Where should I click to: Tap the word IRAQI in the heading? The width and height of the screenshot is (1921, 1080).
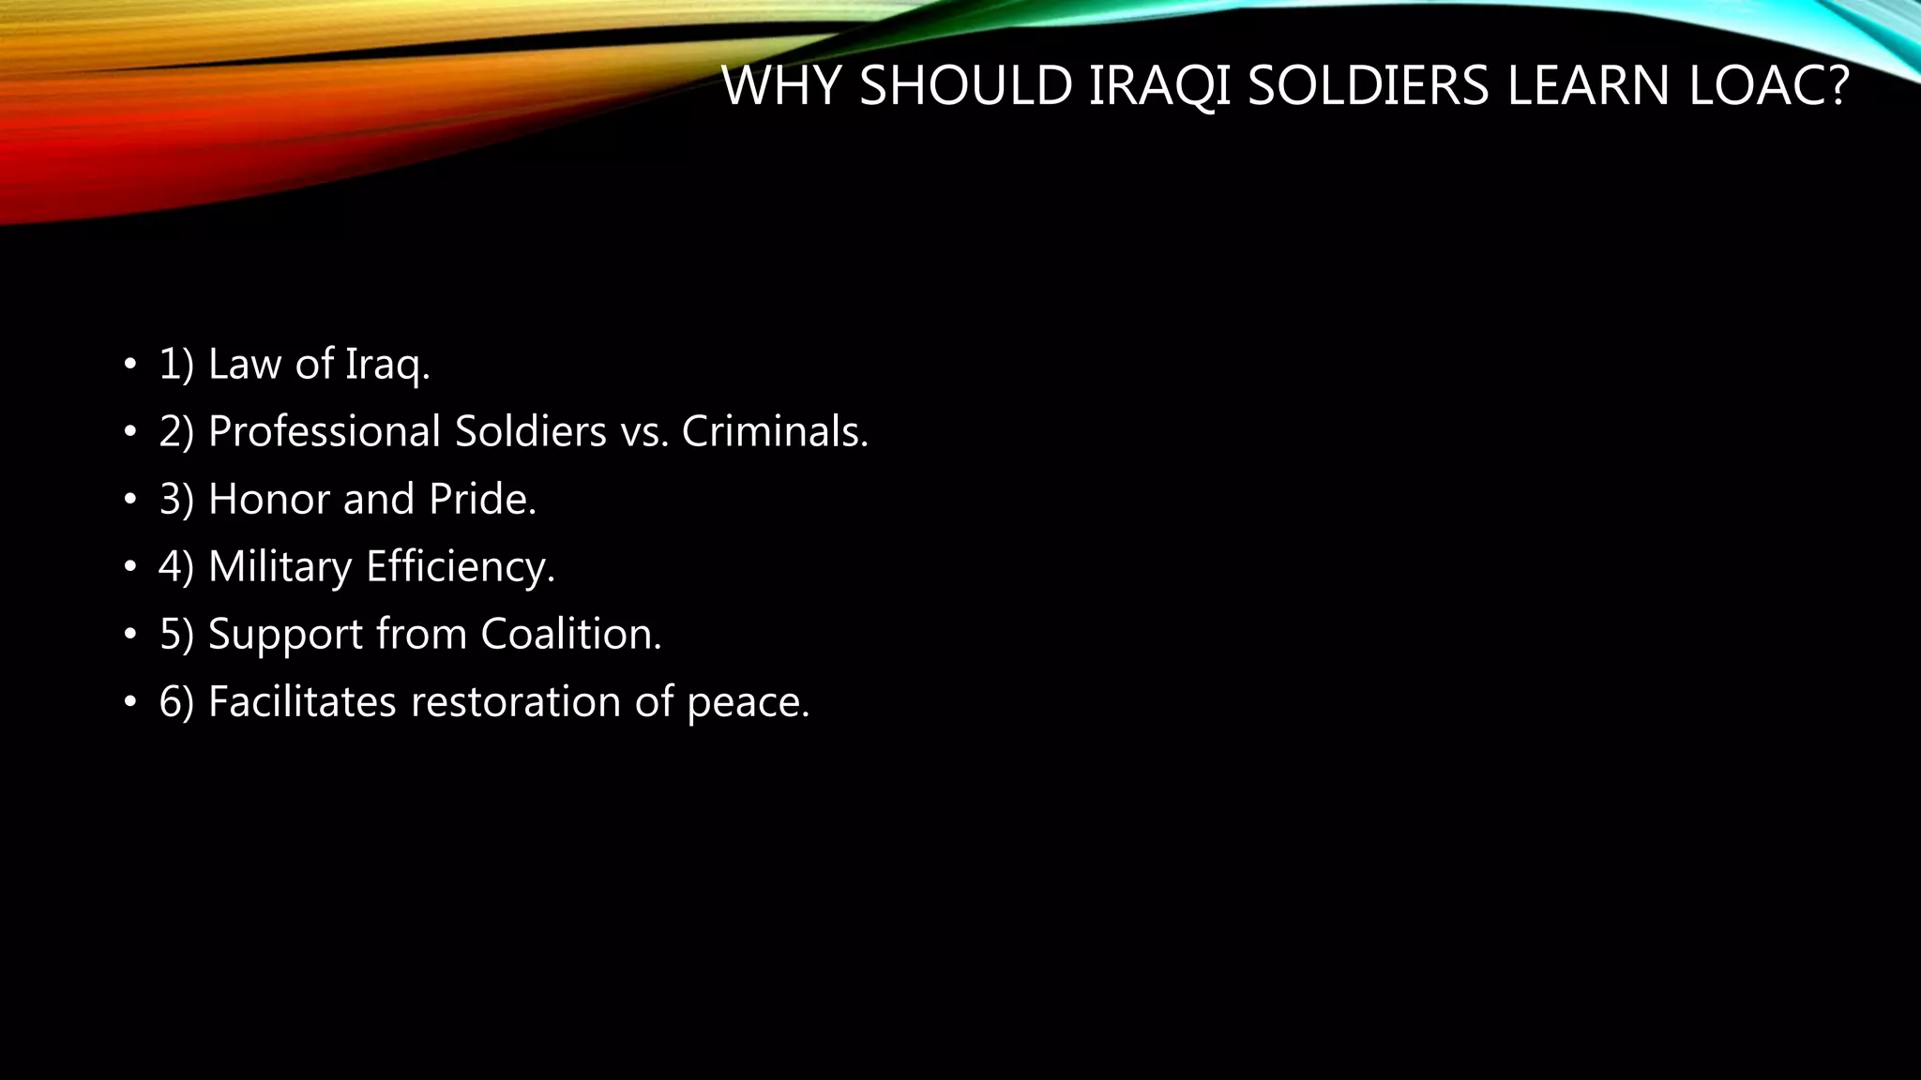1160,86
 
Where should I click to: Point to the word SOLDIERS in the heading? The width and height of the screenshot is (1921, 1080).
1369,86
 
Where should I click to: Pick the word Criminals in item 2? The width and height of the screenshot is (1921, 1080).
775,431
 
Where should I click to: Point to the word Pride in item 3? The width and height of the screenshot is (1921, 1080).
482,499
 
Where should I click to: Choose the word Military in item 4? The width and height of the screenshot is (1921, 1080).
280,566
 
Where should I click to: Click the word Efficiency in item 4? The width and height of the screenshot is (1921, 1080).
461,566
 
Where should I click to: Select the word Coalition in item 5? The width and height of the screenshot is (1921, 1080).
571,634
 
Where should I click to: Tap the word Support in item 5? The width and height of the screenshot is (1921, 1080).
285,634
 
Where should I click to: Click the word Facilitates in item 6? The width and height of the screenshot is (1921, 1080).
302,701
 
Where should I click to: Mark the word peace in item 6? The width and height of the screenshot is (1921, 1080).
748,701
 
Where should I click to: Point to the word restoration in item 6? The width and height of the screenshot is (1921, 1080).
516,701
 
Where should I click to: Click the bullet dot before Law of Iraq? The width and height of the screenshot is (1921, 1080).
129,364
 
